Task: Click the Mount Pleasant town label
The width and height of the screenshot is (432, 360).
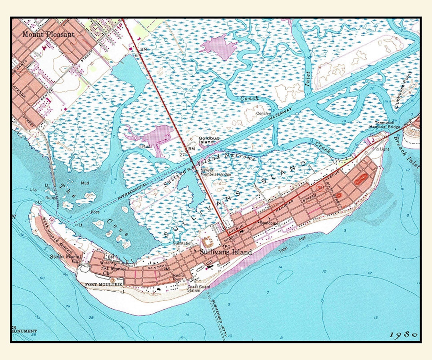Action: (x=48, y=34)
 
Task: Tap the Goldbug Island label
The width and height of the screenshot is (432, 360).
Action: (x=206, y=140)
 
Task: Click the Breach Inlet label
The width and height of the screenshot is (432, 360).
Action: (x=406, y=152)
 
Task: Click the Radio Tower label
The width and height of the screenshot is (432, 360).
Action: (x=178, y=277)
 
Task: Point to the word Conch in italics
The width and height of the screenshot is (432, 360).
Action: (x=249, y=98)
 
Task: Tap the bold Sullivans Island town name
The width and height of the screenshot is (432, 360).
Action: (x=226, y=252)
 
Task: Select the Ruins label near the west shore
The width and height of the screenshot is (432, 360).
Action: (x=51, y=197)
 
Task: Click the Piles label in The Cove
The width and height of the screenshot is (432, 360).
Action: (x=95, y=212)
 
